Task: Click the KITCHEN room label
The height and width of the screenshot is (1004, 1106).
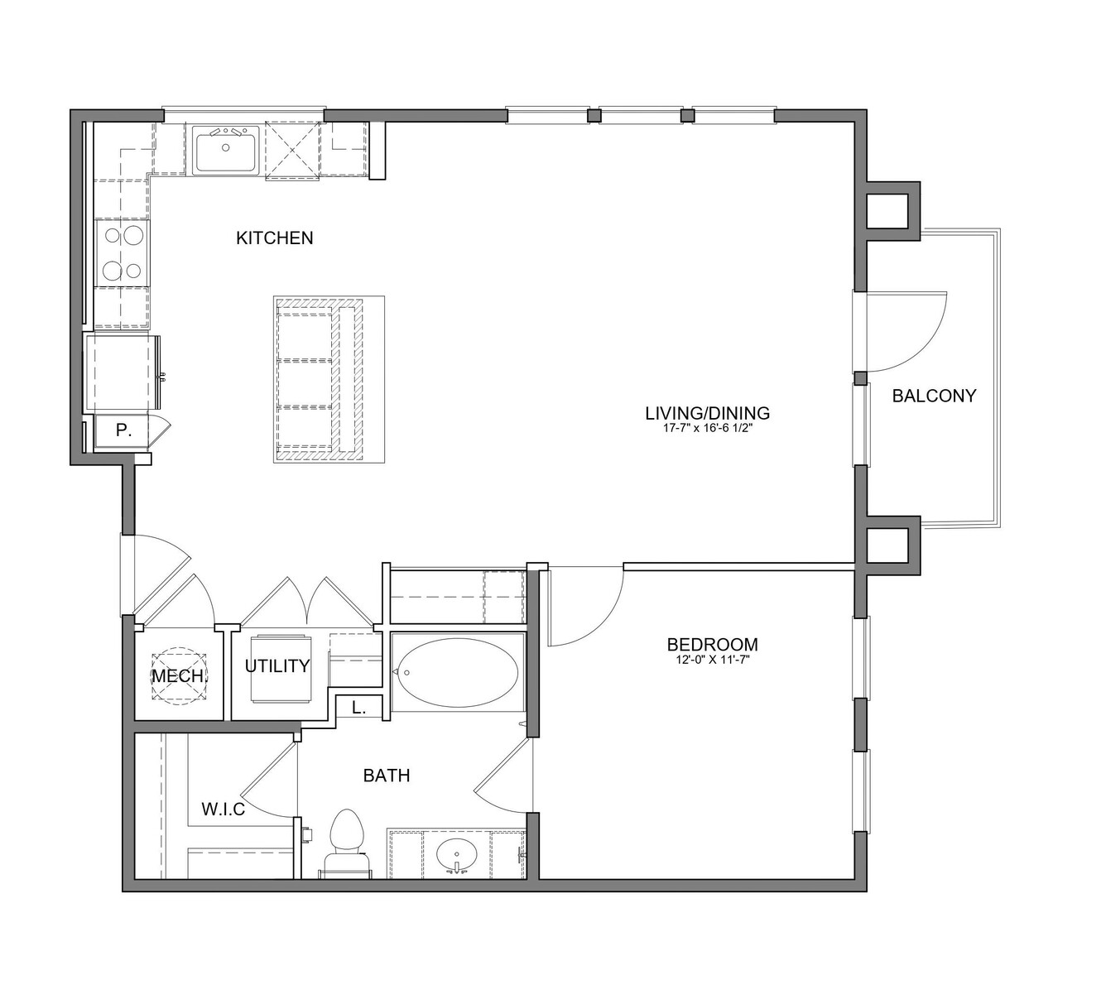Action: [x=275, y=238]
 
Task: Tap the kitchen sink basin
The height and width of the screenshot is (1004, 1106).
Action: [x=225, y=151]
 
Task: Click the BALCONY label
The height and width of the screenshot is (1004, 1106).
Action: [x=934, y=396]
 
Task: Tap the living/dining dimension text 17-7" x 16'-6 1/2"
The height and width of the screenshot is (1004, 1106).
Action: [x=707, y=429]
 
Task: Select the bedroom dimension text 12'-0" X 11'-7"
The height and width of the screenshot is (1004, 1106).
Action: [x=712, y=659]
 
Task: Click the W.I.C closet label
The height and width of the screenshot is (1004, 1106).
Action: [x=224, y=809]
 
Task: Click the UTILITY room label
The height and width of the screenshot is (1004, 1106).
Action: [x=277, y=666]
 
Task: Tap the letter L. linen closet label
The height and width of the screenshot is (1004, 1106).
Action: [x=359, y=709]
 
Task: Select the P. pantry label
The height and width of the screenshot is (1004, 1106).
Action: [x=123, y=430]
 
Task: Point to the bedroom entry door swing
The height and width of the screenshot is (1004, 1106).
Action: [x=601, y=627]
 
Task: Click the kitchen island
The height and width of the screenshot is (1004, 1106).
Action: [x=329, y=379]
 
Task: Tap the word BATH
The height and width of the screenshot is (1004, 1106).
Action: [x=387, y=776]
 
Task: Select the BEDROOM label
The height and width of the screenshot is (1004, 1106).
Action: [x=712, y=644]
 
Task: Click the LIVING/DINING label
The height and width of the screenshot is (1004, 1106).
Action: [x=707, y=412]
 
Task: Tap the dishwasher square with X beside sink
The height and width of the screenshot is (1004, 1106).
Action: [x=293, y=151]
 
